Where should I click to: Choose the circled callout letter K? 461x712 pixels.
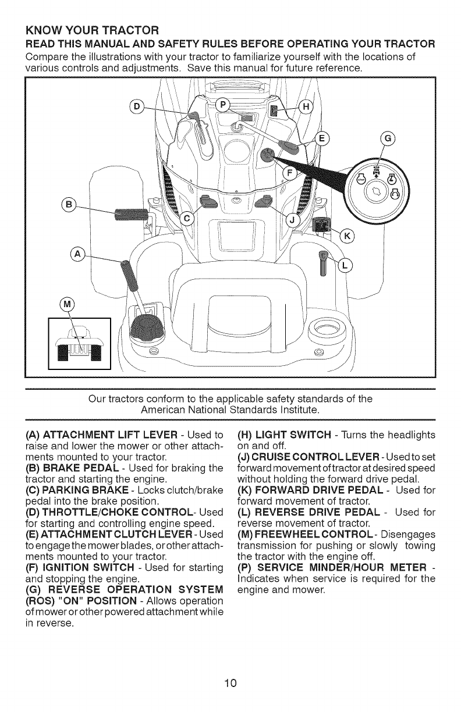(349, 236)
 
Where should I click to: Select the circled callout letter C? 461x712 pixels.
(187, 218)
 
